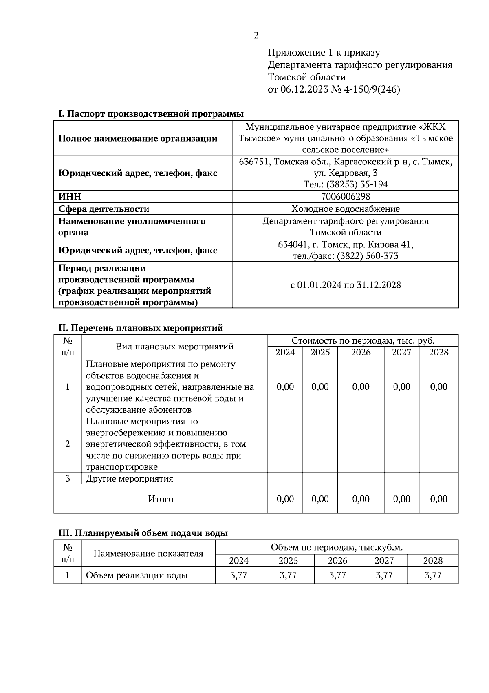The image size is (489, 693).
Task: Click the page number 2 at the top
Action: click(x=256, y=36)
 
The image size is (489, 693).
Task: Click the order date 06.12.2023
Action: click(x=304, y=89)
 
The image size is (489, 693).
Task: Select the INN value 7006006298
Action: click(x=346, y=197)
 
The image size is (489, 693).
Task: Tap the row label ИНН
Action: click(x=70, y=197)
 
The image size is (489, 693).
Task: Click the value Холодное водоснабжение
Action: click(x=346, y=209)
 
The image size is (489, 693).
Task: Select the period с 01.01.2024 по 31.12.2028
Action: click(x=346, y=285)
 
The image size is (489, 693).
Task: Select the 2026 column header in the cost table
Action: click(x=361, y=352)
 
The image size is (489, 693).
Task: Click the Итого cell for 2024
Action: click(x=285, y=499)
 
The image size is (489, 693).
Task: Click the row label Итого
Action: click(x=161, y=499)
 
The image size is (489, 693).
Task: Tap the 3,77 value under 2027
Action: click(x=384, y=575)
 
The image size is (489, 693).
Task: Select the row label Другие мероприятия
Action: click(x=130, y=478)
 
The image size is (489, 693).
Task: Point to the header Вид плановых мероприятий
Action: click(x=174, y=346)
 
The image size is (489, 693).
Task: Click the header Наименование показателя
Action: click(x=148, y=553)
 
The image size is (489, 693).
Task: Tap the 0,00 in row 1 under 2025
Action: click(x=320, y=386)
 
